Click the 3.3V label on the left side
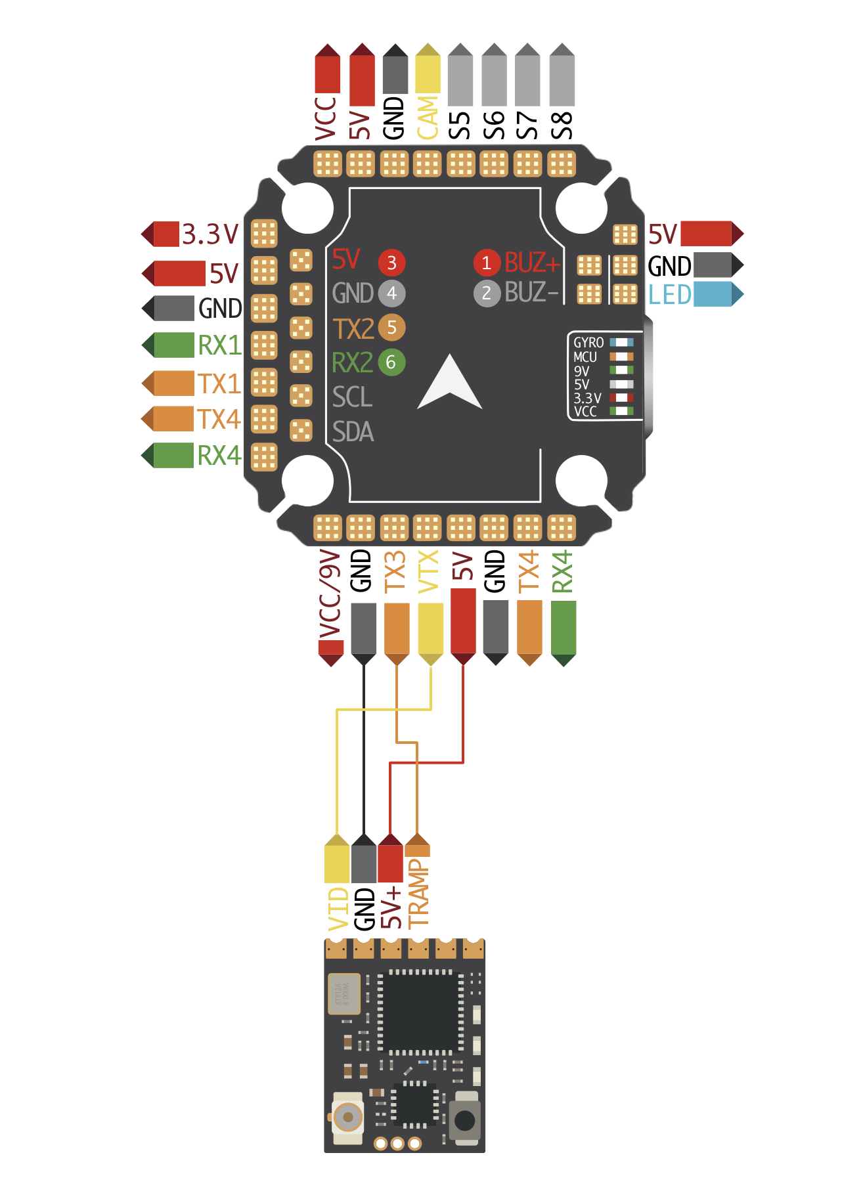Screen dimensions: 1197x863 [x=210, y=234]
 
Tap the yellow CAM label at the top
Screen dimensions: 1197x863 [x=428, y=118]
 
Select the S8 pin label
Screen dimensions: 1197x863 [x=562, y=125]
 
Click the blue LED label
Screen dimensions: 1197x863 [x=669, y=295]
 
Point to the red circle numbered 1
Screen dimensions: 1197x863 [x=486, y=263]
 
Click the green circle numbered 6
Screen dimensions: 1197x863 [x=391, y=362]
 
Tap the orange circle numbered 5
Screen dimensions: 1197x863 [x=391, y=327]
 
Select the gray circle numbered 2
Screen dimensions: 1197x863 [x=486, y=293]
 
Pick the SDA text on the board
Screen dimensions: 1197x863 [x=353, y=432]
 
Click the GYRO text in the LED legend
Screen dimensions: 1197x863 [x=588, y=343]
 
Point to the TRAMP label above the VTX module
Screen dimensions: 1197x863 [x=418, y=893]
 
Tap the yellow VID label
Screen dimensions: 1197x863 [x=338, y=909]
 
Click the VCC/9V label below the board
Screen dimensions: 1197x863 [x=330, y=595]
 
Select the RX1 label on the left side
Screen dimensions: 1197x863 [x=219, y=345]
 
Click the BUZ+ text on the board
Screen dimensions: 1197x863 [x=532, y=263]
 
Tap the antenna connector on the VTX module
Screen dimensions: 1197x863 [x=347, y=1117]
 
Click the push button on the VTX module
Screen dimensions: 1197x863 [x=465, y=1120]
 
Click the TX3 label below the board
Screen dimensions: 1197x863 [x=395, y=572]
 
